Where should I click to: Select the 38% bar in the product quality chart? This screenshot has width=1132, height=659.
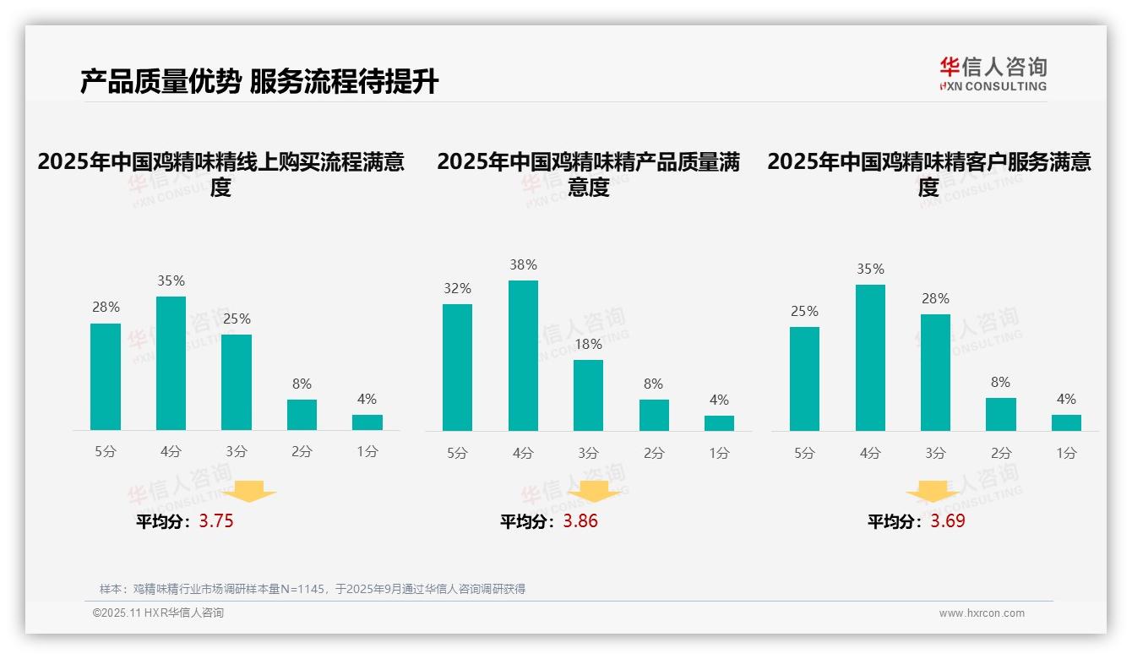[x=523, y=356]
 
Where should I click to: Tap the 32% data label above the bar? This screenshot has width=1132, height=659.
[x=457, y=289]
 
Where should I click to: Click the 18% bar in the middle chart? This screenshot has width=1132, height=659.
[x=588, y=395]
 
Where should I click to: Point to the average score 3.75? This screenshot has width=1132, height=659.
[x=216, y=521]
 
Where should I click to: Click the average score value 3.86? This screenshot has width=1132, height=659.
[x=580, y=521]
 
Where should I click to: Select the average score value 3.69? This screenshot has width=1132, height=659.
[x=948, y=521]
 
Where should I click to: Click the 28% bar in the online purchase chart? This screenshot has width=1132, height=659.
[x=106, y=377]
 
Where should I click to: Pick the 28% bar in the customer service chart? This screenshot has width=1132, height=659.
[x=935, y=373]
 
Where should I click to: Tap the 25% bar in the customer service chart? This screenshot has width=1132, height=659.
[x=804, y=379]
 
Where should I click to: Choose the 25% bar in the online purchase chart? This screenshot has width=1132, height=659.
[x=237, y=383]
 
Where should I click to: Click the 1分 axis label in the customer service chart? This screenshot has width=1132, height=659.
[x=1066, y=453]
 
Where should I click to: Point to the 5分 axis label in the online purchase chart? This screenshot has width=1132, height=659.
[x=106, y=452]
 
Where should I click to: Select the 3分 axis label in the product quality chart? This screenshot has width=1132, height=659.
[x=588, y=453]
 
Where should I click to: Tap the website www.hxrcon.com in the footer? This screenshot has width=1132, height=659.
[x=981, y=613]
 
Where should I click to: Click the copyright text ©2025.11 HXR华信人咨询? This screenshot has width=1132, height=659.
[x=158, y=613]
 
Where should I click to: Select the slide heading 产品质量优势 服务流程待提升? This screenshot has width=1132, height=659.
[x=259, y=82]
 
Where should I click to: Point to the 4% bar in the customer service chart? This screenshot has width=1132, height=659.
[x=1066, y=422]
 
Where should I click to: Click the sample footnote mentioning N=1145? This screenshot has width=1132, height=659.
[x=313, y=589]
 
